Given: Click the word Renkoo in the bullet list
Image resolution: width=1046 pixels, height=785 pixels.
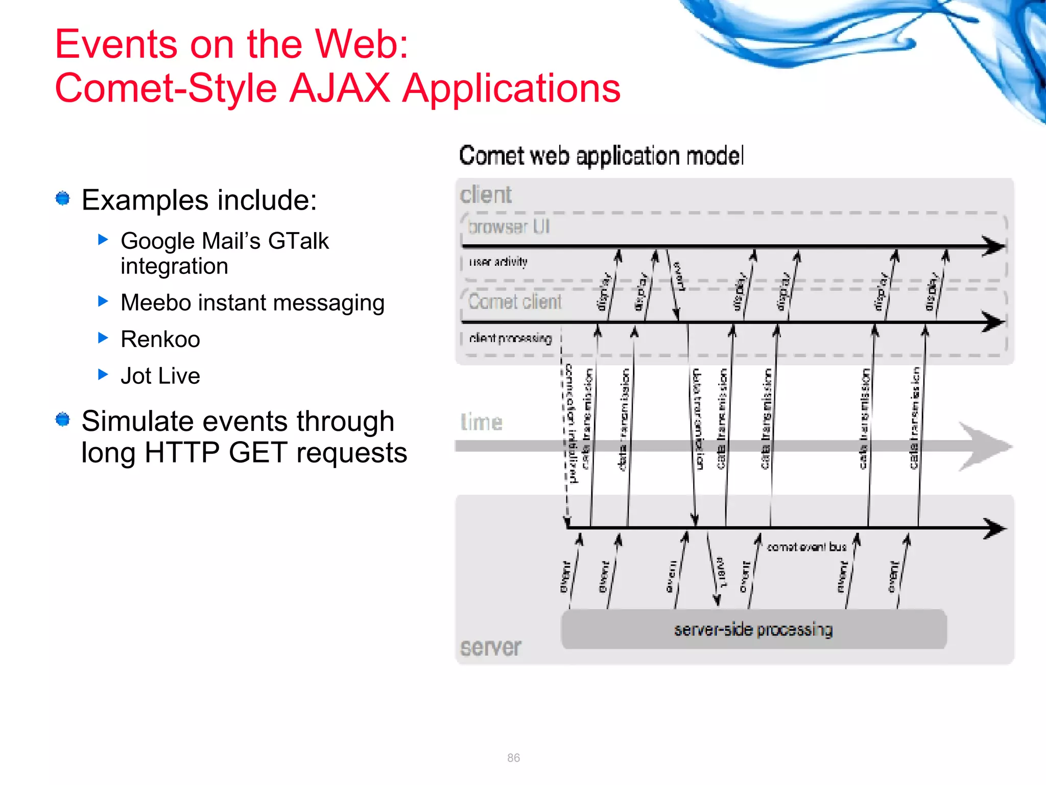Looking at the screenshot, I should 160,339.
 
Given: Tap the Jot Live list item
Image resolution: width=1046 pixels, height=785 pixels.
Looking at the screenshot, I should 160,376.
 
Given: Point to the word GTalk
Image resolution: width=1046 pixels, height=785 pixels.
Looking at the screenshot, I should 298,241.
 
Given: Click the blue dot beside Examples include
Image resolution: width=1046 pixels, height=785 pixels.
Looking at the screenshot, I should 63,198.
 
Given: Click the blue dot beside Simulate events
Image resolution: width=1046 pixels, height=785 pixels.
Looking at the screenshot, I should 63,420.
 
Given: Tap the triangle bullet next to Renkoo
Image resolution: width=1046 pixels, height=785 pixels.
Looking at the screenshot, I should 103,337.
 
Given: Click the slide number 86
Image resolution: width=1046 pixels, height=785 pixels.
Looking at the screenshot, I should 513,758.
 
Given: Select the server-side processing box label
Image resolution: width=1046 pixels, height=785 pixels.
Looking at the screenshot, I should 753,630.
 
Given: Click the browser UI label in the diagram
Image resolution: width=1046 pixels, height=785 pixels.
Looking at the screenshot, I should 509,226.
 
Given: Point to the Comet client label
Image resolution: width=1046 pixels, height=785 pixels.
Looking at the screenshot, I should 515,302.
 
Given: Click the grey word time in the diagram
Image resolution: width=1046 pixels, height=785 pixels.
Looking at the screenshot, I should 481,423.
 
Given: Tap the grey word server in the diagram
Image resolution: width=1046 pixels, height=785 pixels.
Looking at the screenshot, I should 490,648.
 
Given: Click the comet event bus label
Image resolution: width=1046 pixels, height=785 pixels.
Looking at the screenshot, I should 806,547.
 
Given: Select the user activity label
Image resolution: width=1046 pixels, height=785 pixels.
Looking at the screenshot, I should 498,262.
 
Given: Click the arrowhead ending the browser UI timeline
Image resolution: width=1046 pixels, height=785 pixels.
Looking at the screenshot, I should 993,246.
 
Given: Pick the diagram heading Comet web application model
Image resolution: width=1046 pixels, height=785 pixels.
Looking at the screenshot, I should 601,156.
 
